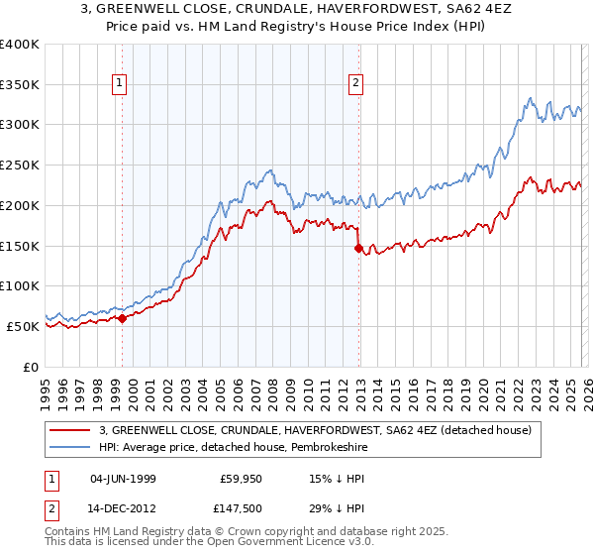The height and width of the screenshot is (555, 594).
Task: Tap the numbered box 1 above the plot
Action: click(120, 85)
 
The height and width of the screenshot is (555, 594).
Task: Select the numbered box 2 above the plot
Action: click(355, 85)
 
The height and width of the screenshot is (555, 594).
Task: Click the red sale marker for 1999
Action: click(123, 318)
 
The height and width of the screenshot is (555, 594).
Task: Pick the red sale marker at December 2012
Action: click(358, 249)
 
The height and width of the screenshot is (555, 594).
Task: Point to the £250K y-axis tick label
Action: click(20, 166)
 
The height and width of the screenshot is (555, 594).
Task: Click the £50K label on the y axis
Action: click(23, 326)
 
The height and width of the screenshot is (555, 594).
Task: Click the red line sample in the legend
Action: click(71, 430)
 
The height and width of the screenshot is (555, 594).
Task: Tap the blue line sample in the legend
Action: click(71, 447)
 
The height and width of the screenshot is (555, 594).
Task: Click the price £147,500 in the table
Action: click(242, 510)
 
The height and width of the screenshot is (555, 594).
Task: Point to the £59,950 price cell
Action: click(242, 479)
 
